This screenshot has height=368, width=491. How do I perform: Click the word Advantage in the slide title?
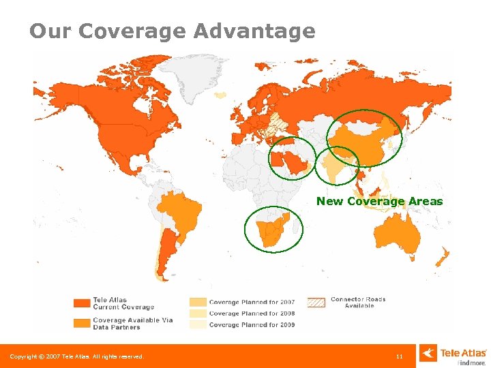254,31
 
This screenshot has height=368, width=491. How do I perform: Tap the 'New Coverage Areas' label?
379,201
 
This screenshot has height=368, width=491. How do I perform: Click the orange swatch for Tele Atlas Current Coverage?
82,303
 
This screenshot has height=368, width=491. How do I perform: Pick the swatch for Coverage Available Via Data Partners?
82,323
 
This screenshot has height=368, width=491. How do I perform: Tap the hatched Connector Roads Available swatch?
316,303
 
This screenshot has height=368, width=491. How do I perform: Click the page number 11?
400,356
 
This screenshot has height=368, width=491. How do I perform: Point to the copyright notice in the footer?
76,356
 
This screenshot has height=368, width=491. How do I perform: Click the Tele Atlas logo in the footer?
453,354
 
